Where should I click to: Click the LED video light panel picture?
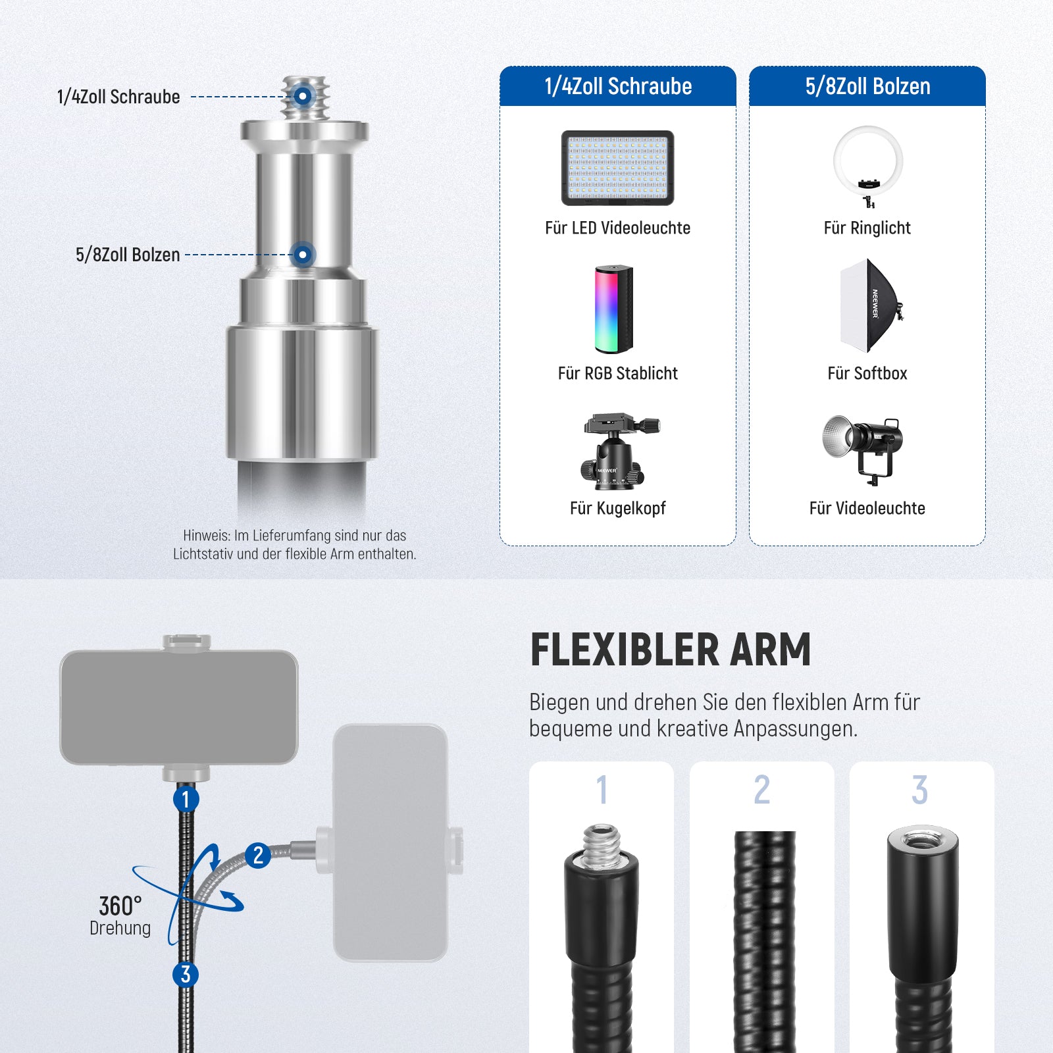[x=617, y=168]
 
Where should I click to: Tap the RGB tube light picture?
[x=614, y=309]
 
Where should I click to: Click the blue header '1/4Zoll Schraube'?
[x=618, y=86]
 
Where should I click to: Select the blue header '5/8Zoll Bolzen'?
[x=867, y=86]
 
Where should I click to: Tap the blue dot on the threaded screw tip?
[x=303, y=96]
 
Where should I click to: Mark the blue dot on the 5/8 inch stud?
[x=303, y=254]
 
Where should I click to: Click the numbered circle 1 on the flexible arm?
[x=186, y=799]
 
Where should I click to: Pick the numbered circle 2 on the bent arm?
[x=258, y=855]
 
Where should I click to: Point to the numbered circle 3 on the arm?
[x=186, y=974]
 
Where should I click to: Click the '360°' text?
[x=120, y=906]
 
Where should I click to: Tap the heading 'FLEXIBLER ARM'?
[x=671, y=650]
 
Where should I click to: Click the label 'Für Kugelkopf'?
[x=618, y=508]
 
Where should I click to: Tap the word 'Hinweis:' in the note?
[x=206, y=536]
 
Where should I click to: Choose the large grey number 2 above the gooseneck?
[x=762, y=789]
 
